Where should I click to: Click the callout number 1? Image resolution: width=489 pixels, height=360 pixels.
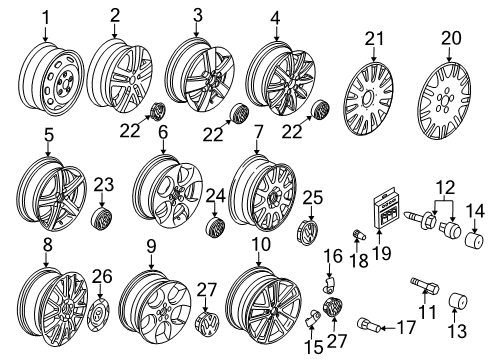[x=45, y=18]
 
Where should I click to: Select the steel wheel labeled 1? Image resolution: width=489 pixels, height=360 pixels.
[x=51, y=79]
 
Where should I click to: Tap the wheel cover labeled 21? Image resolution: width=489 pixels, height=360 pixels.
[x=368, y=98]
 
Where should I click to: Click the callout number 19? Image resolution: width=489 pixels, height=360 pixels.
[x=382, y=253]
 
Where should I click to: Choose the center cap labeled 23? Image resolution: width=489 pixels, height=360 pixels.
[x=102, y=219]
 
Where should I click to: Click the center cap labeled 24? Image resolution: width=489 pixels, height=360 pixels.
[x=215, y=228]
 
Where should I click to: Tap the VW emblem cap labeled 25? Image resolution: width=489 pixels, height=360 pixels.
[x=307, y=230]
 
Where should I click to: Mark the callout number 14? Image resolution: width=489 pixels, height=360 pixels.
[x=475, y=212]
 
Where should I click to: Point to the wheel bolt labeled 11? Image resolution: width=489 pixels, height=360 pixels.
[x=425, y=286]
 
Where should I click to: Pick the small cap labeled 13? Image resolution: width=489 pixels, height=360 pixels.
[x=458, y=301]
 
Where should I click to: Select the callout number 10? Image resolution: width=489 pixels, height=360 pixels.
[x=261, y=244]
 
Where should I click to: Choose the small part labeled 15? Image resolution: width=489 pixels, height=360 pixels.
[x=313, y=316]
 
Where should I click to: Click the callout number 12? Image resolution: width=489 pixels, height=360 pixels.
[x=446, y=187]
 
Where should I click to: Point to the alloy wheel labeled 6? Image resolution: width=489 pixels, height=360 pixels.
[x=168, y=192]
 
